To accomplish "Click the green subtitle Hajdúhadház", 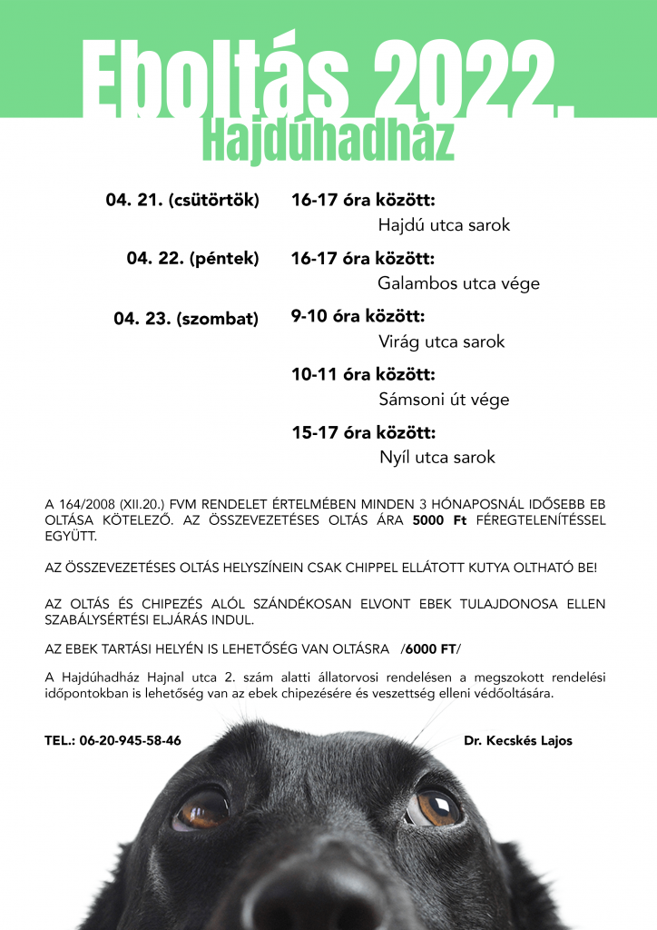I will pyautogui.click(x=328, y=141).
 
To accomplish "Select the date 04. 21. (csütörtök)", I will pyautogui.click(x=182, y=200).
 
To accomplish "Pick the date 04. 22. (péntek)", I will pyautogui.click(x=192, y=259).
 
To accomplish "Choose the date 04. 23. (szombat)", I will pyautogui.click(x=186, y=319).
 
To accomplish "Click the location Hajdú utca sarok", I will pyautogui.click(x=444, y=225).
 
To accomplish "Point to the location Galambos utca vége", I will pyautogui.click(x=458, y=283).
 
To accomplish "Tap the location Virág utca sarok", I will pyautogui.click(x=441, y=342).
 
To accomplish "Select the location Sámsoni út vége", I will pyautogui.click(x=444, y=400).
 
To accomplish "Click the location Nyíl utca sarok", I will pyautogui.click(x=437, y=458).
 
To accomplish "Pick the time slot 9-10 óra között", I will pyautogui.click(x=358, y=317).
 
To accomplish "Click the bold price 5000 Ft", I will pyautogui.click(x=445, y=521).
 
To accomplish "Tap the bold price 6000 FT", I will pyautogui.click(x=430, y=648).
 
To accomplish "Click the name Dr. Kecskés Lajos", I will pyautogui.click(x=518, y=740).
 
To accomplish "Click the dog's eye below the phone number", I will pyautogui.click(x=202, y=807).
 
